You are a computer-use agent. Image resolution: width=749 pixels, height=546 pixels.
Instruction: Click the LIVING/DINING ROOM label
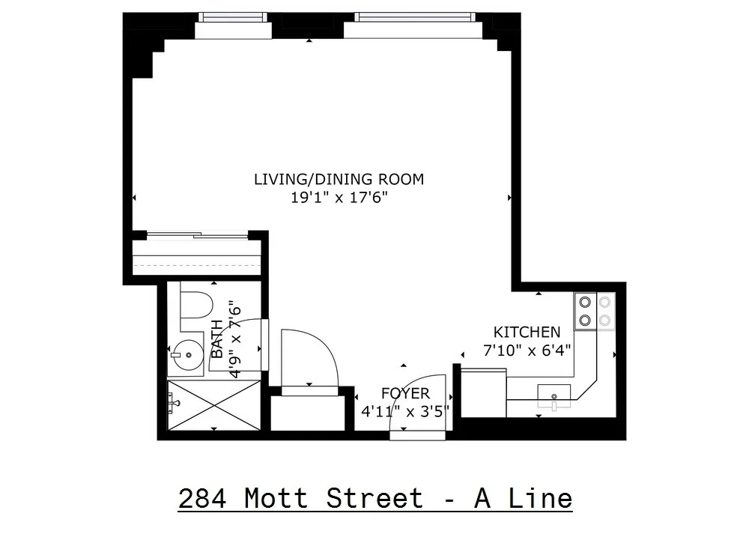[339, 179]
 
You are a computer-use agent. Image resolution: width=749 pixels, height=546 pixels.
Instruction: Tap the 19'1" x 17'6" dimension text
[339, 198]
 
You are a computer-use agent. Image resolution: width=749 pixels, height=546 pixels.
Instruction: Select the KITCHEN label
[526, 332]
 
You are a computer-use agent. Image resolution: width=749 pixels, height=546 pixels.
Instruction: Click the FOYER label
[405, 393]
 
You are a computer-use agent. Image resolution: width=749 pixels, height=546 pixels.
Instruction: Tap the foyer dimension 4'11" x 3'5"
[405, 410]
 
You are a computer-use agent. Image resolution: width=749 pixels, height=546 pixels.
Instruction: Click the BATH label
[216, 339]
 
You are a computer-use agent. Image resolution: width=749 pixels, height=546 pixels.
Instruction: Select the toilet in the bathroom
[196, 306]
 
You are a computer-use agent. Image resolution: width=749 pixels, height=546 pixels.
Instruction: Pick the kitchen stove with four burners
[593, 312]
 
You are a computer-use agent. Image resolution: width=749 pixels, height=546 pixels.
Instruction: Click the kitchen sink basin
[554, 394]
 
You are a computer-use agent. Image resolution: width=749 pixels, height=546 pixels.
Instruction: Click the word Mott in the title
[276, 498]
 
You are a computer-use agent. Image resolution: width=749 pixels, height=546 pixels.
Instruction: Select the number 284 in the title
[202, 498]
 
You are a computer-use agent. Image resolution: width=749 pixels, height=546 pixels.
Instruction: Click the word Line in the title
[545, 498]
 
